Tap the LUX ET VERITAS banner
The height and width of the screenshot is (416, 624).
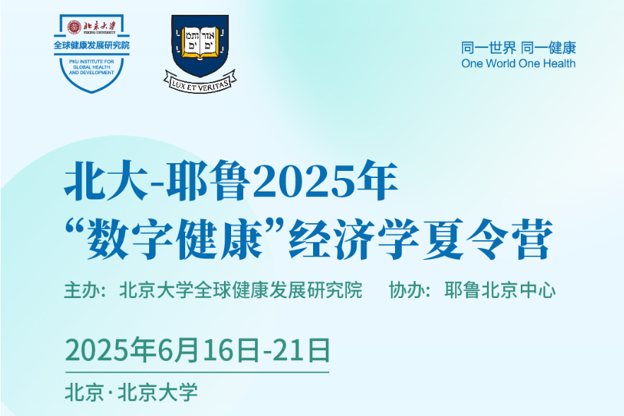[x=200, y=83]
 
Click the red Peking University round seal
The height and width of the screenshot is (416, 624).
[x=74, y=27]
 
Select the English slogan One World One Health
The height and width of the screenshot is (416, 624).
[x=518, y=64]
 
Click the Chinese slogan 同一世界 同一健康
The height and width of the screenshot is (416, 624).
[x=519, y=48]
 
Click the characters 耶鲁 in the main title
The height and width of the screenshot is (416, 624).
[x=208, y=181]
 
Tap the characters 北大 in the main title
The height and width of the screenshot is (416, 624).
[x=107, y=181]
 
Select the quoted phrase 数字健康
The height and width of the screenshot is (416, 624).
[x=175, y=239]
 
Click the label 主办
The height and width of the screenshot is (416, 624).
[x=82, y=290]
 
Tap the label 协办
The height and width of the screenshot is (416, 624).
[x=407, y=290]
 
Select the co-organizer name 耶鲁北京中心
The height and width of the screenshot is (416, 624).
[x=500, y=290]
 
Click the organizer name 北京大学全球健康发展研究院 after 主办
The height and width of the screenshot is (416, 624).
[x=241, y=290]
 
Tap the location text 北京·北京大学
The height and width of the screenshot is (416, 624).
[x=131, y=392]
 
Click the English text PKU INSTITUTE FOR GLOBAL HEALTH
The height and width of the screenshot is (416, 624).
[x=92, y=64]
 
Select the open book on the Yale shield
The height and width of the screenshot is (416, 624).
[x=200, y=42]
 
